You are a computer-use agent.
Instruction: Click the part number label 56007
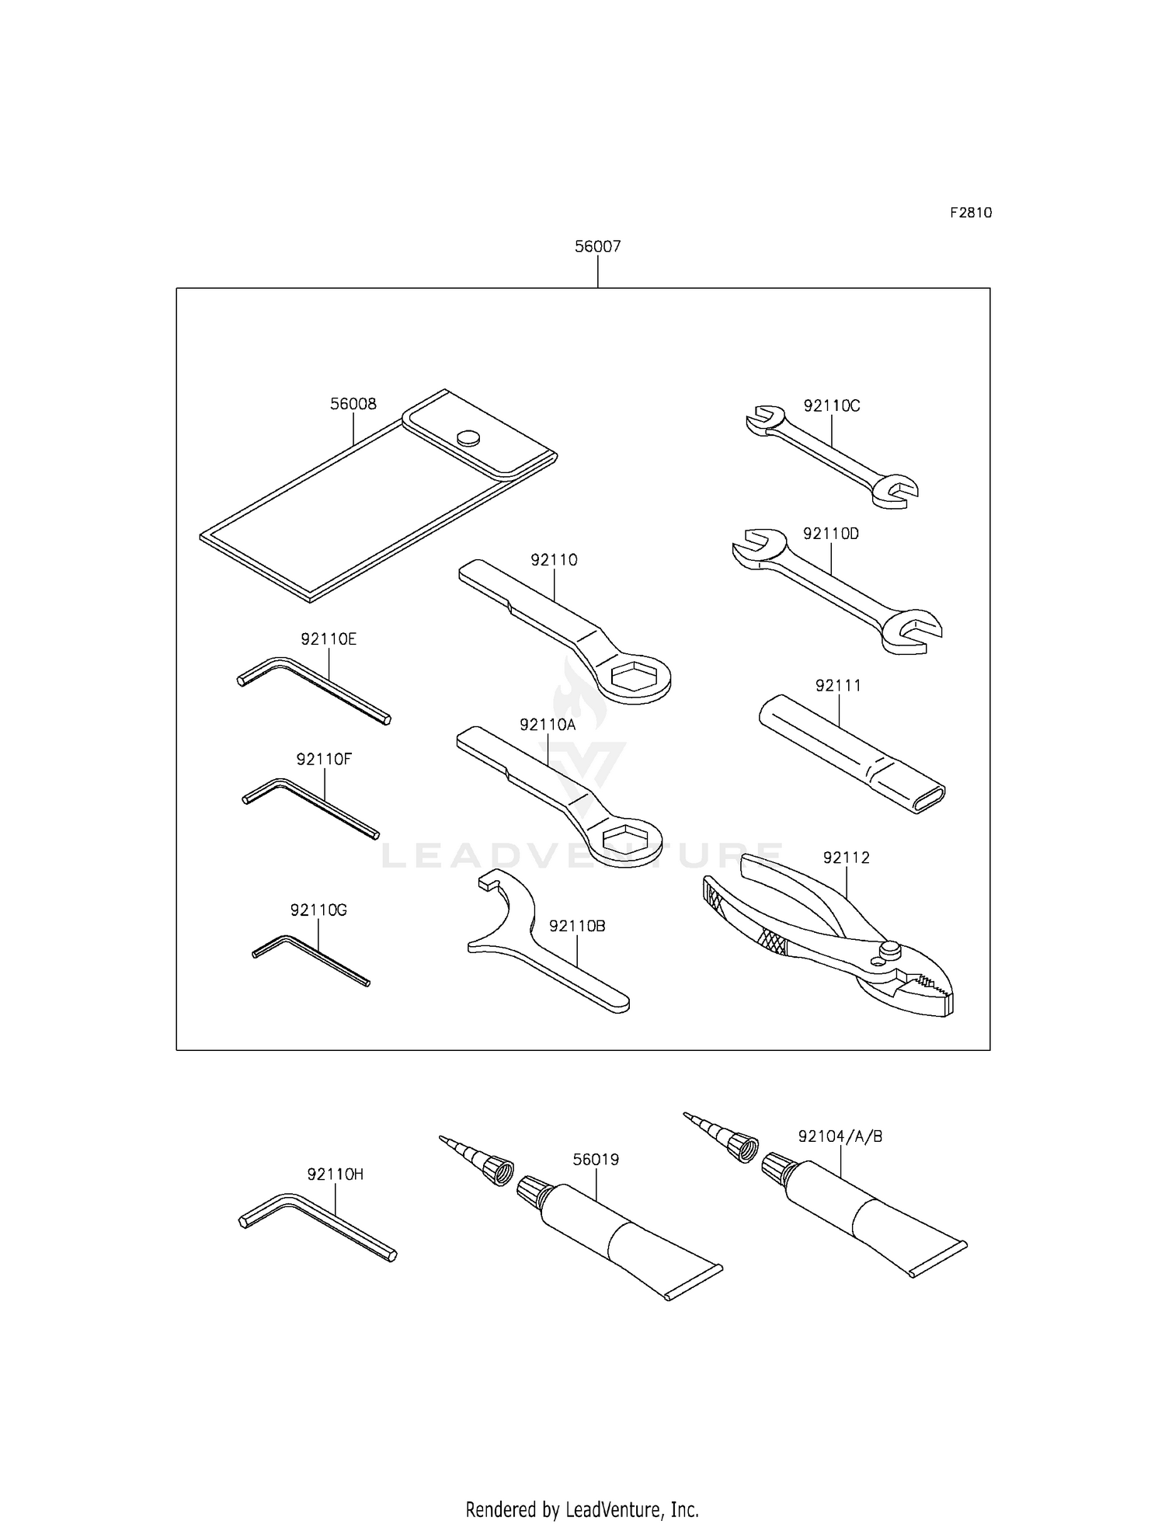pyautogui.click(x=597, y=246)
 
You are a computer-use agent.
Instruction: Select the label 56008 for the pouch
pyautogui.click(x=353, y=404)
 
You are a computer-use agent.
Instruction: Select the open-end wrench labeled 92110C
pyautogui.click(x=831, y=454)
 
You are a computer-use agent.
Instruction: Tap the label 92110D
pyautogui.click(x=831, y=534)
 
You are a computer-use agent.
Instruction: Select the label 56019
pyautogui.click(x=596, y=1160)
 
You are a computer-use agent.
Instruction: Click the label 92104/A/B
pyautogui.click(x=840, y=1136)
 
